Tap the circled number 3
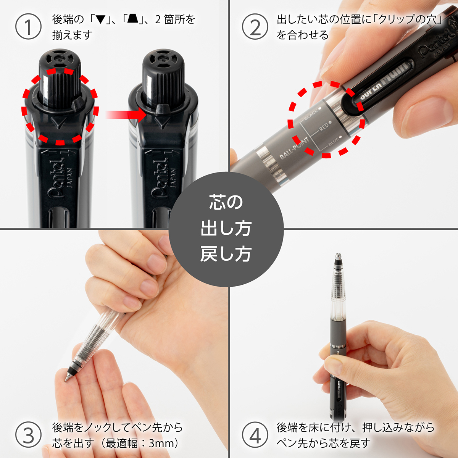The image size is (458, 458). [x=28, y=435]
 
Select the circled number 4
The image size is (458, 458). [x=255, y=435]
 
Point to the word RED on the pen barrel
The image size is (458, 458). [x=324, y=127]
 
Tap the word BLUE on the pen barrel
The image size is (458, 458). [x=333, y=142]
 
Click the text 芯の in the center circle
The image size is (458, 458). [x=226, y=202]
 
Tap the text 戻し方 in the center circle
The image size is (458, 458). [x=226, y=254]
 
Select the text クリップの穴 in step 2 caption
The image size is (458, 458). [x=406, y=19]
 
